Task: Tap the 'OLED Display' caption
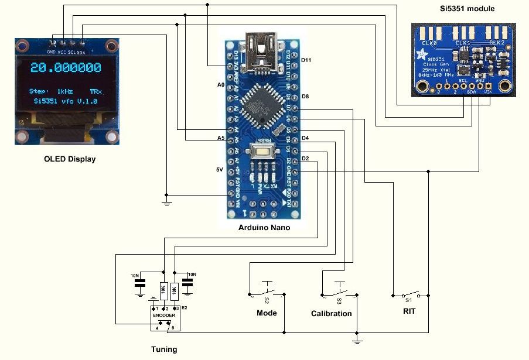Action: point(70,159)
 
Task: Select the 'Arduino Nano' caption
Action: point(264,228)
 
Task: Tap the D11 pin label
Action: point(306,60)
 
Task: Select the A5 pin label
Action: point(220,138)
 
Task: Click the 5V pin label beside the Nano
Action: point(220,170)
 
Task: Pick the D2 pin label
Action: point(305,159)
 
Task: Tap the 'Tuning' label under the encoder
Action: point(164,349)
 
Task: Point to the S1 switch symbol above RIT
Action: point(409,294)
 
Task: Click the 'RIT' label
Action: point(409,311)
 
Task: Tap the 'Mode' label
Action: point(267,313)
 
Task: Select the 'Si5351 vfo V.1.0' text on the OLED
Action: point(66,101)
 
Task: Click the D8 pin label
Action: point(305,96)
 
